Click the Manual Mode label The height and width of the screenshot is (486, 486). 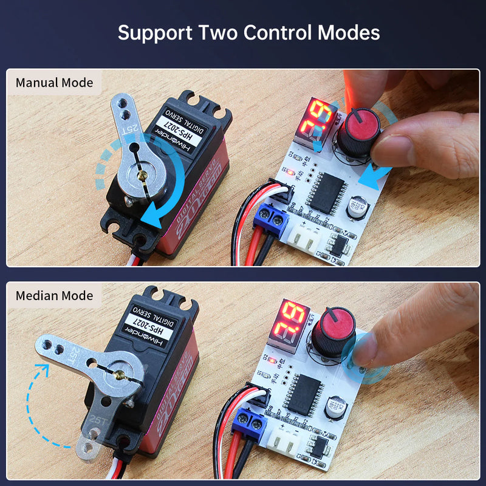coord(55,83)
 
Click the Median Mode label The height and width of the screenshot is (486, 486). coord(55,296)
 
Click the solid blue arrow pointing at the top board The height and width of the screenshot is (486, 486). coord(373,179)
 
